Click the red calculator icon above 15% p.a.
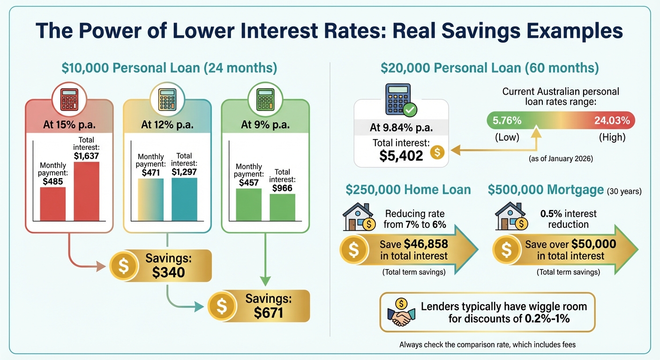tap(69, 99)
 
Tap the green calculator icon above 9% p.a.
tap(265, 99)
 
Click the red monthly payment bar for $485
tap(52, 204)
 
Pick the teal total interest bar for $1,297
tap(184, 199)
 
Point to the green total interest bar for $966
tap(282, 207)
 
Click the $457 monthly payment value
tap(249, 182)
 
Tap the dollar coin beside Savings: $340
tap(123, 266)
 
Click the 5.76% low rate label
tap(507, 120)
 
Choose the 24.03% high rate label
tap(612, 120)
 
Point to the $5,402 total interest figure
tap(402, 155)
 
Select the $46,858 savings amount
tap(426, 244)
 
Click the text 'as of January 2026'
tap(561, 159)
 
